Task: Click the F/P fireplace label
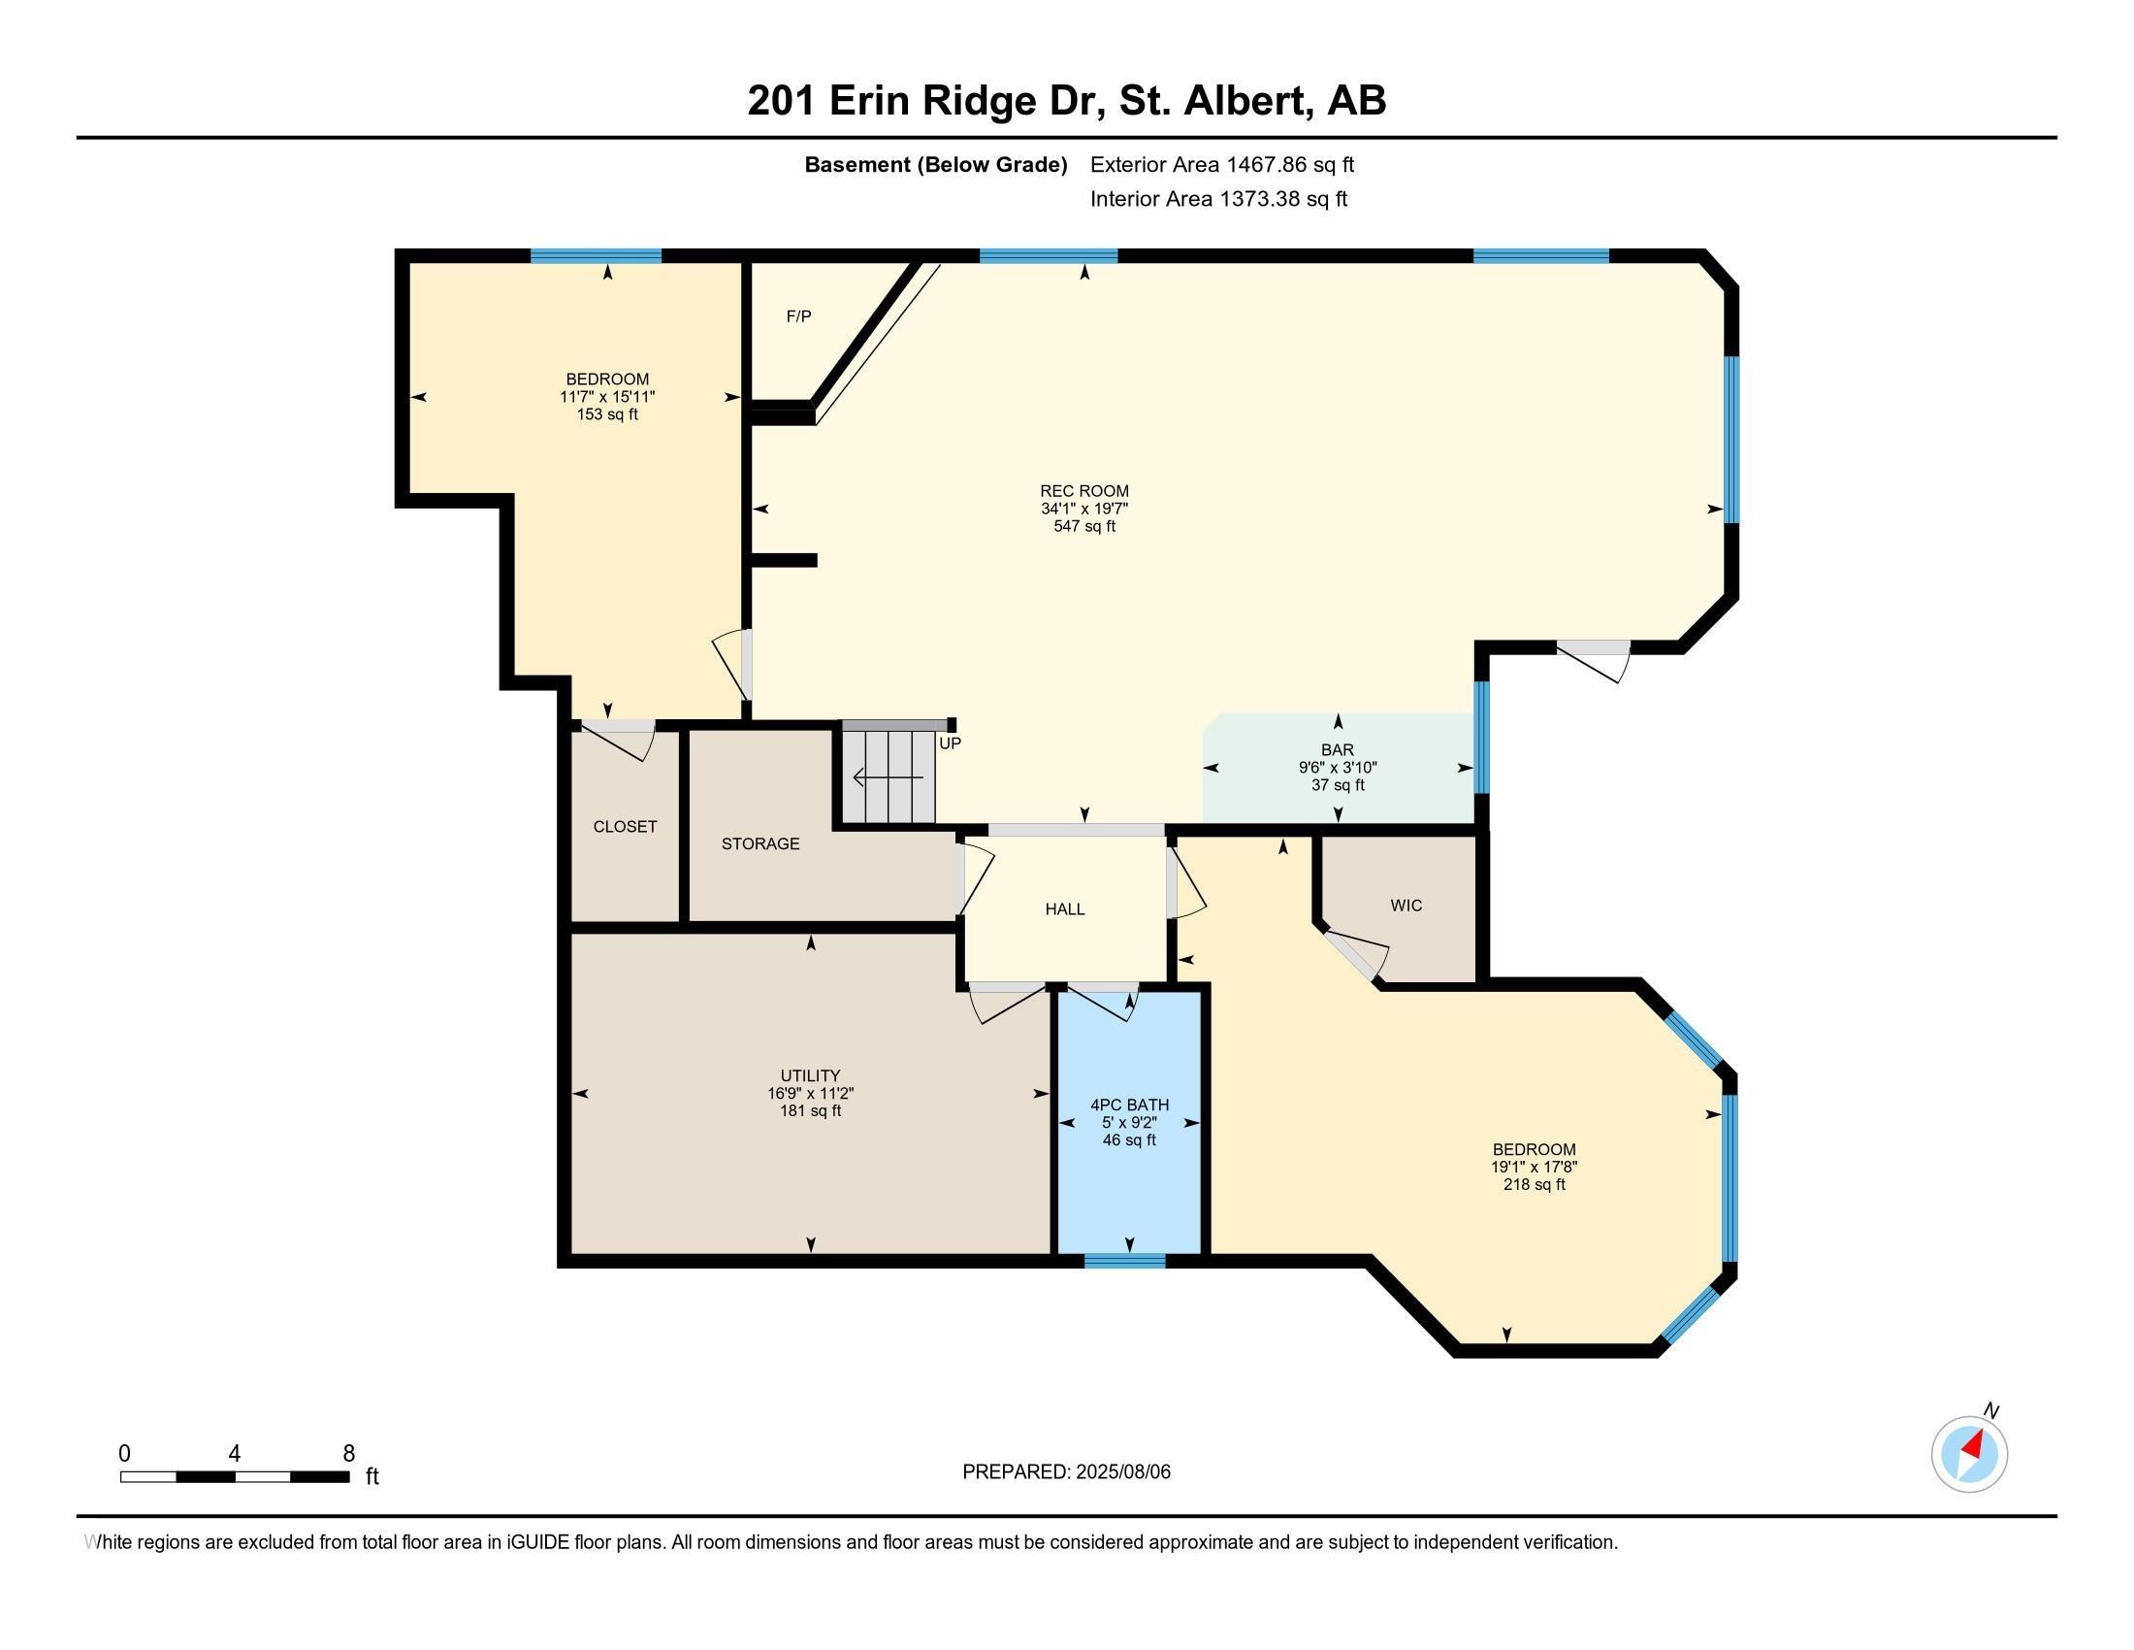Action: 798,316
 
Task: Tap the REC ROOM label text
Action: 1083,492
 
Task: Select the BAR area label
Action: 1338,749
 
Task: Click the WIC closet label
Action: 1406,907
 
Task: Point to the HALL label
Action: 1065,909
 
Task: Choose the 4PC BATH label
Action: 1129,1105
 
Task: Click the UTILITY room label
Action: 810,1075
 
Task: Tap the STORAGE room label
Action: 760,843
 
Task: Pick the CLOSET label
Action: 625,827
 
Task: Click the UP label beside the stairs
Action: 950,743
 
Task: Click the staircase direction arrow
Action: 889,778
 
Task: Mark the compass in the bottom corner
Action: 1969,1454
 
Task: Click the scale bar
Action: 235,1476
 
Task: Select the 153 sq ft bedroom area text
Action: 607,414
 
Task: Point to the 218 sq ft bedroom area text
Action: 1535,1185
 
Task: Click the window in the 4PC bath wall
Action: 1124,1261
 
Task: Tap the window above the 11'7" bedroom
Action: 596,256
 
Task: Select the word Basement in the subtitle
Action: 856,165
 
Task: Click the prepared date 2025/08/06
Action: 1122,1472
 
